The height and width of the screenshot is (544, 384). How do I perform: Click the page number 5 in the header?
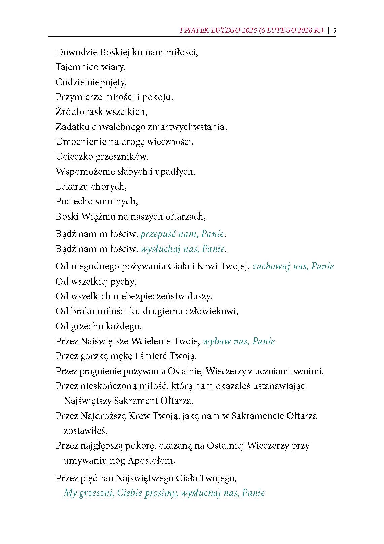(335, 30)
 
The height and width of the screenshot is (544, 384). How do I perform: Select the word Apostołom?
(152, 461)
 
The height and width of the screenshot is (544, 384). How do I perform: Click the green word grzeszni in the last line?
(98, 493)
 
